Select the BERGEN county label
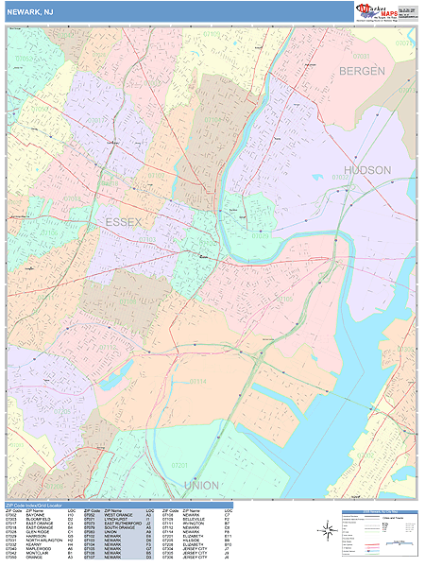[x=363, y=72]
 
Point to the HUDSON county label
[x=367, y=170]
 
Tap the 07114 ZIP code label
[x=197, y=382]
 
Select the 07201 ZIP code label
[x=180, y=464]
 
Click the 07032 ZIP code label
[x=339, y=177]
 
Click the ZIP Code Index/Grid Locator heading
[x=42, y=506]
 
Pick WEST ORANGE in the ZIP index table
[x=119, y=517]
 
